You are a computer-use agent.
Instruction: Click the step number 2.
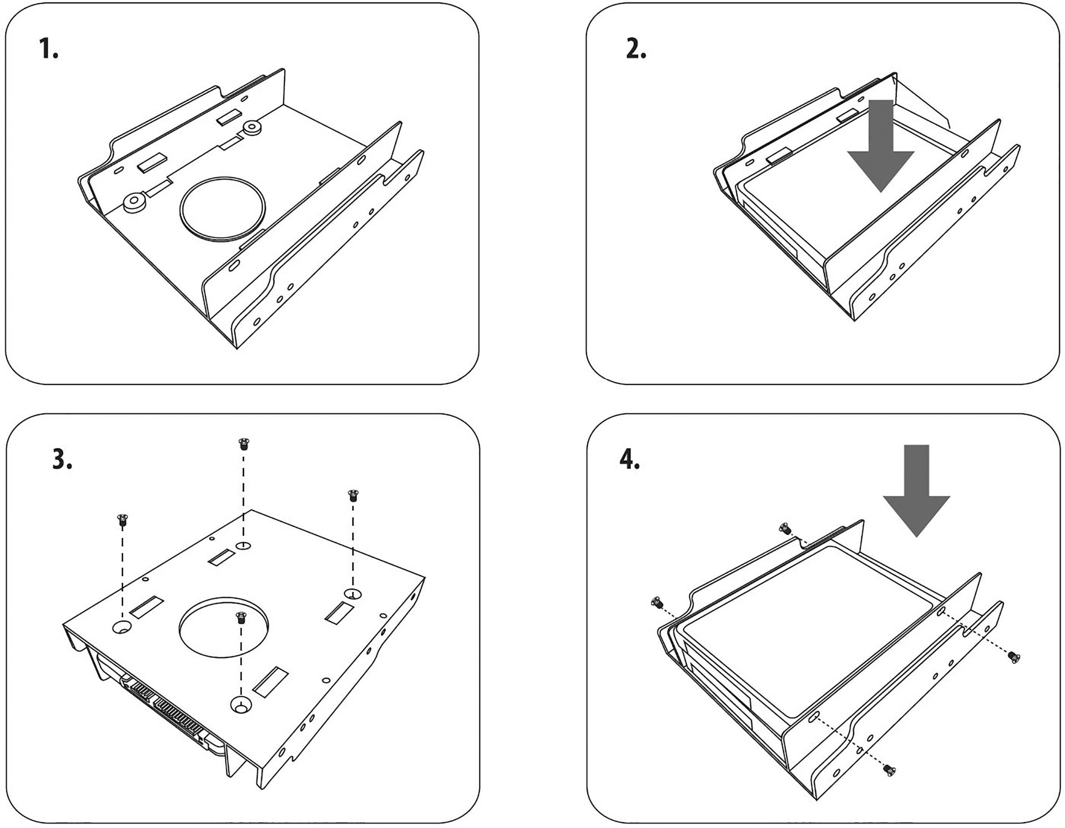[635, 49]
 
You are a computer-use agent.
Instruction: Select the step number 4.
[629, 459]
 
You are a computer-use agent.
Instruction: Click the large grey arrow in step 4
[916, 493]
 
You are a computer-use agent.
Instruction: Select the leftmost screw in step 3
[122, 519]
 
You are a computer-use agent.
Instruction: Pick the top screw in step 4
[785, 528]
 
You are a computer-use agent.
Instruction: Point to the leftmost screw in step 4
[656, 603]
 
